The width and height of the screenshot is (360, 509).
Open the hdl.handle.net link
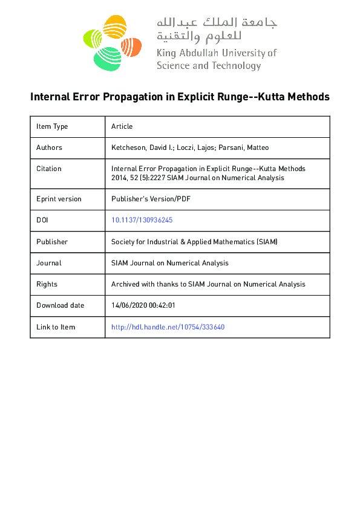click(168, 327)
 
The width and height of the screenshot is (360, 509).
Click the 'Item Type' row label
click(52, 126)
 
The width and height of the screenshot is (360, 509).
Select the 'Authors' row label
click(49, 148)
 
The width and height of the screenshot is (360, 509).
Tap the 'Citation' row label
click(49, 169)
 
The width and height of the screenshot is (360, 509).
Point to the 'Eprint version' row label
click(59, 199)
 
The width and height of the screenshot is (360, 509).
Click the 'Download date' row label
click(61, 305)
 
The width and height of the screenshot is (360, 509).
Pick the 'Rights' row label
click(47, 284)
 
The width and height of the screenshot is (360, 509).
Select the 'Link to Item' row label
click(56, 327)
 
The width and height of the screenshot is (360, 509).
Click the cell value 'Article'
click(122, 126)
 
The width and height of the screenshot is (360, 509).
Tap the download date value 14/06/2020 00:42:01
click(143, 305)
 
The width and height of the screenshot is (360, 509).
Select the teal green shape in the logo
click(108, 58)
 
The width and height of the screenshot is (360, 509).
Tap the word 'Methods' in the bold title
click(307, 97)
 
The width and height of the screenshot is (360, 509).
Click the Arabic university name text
click(217, 29)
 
